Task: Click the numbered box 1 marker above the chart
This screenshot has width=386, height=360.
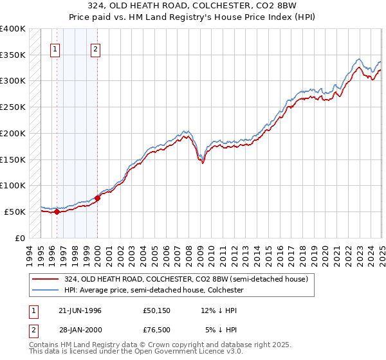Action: (55, 49)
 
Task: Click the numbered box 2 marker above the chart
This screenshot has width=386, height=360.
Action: (95, 49)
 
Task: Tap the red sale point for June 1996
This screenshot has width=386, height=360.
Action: (57, 212)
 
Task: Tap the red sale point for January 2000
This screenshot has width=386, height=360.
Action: (97, 197)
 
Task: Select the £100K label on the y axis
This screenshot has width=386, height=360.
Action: (13, 186)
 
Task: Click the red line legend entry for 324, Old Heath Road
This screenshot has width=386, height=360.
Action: (187, 280)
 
